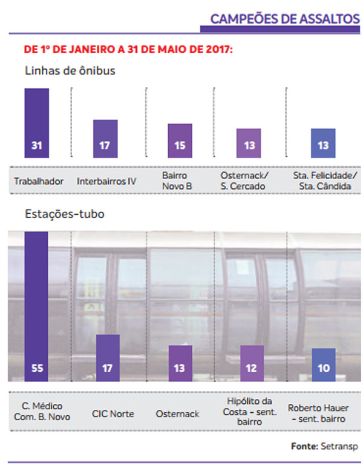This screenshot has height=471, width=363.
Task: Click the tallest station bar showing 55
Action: (x=36, y=303)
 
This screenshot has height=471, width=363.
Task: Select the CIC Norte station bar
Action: (x=108, y=357)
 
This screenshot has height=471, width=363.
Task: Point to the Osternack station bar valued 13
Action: (x=180, y=363)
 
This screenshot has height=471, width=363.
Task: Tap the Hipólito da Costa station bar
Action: (x=252, y=363)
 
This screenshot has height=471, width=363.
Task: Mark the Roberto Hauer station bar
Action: (x=323, y=364)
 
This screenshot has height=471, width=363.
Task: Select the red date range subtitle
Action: (x=128, y=48)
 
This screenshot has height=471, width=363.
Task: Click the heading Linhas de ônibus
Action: (x=70, y=70)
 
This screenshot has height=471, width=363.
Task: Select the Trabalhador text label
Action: (x=39, y=181)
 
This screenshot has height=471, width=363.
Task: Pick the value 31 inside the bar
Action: (x=36, y=147)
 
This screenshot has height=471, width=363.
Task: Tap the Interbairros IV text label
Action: (x=106, y=181)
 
